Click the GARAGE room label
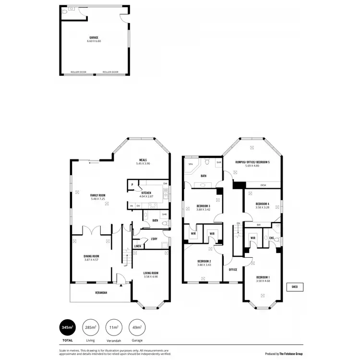point(94,37)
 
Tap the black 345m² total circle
point(67,328)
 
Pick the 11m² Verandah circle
point(114,328)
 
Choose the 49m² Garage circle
point(137,328)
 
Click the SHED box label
point(294,287)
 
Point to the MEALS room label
point(143,160)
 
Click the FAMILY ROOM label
point(97,195)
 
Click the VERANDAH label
point(101,292)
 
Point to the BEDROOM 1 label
point(263,277)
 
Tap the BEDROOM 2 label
point(204,262)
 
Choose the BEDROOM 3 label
point(203,206)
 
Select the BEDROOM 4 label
point(263,204)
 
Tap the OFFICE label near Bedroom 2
point(233,269)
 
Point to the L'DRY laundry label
point(154,239)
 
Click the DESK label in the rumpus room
point(263,185)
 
